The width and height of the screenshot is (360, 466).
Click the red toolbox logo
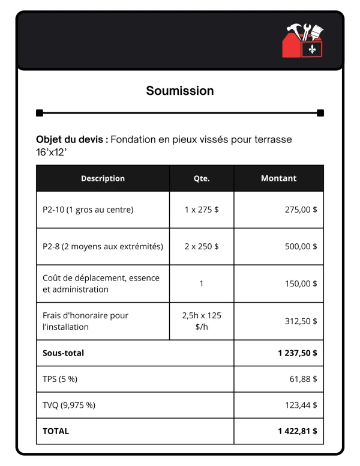click(x=302, y=41)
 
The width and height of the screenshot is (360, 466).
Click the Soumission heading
click(x=180, y=91)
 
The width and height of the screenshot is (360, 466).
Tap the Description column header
click(x=103, y=178)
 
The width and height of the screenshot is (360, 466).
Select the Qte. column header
click(x=202, y=178)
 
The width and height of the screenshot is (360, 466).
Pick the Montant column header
click(x=278, y=178)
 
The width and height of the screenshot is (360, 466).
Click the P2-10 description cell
click(x=88, y=210)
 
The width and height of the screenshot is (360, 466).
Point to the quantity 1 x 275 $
click(x=202, y=210)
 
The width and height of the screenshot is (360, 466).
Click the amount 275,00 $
click(x=301, y=210)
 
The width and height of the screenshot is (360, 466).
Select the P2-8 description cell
click(x=103, y=246)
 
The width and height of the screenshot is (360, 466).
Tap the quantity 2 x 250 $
click(x=202, y=246)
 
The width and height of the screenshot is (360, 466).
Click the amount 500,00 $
click(x=301, y=246)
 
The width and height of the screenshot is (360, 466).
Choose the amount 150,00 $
click(x=301, y=283)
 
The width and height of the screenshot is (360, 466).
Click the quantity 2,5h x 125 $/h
click(x=202, y=321)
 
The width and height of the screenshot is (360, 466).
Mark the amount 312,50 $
click(x=301, y=321)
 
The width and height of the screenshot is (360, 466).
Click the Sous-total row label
click(x=63, y=353)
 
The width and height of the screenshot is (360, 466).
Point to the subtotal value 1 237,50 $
click(x=298, y=353)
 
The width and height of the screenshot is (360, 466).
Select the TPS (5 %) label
click(x=60, y=379)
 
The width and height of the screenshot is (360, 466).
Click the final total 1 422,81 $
click(x=298, y=431)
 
